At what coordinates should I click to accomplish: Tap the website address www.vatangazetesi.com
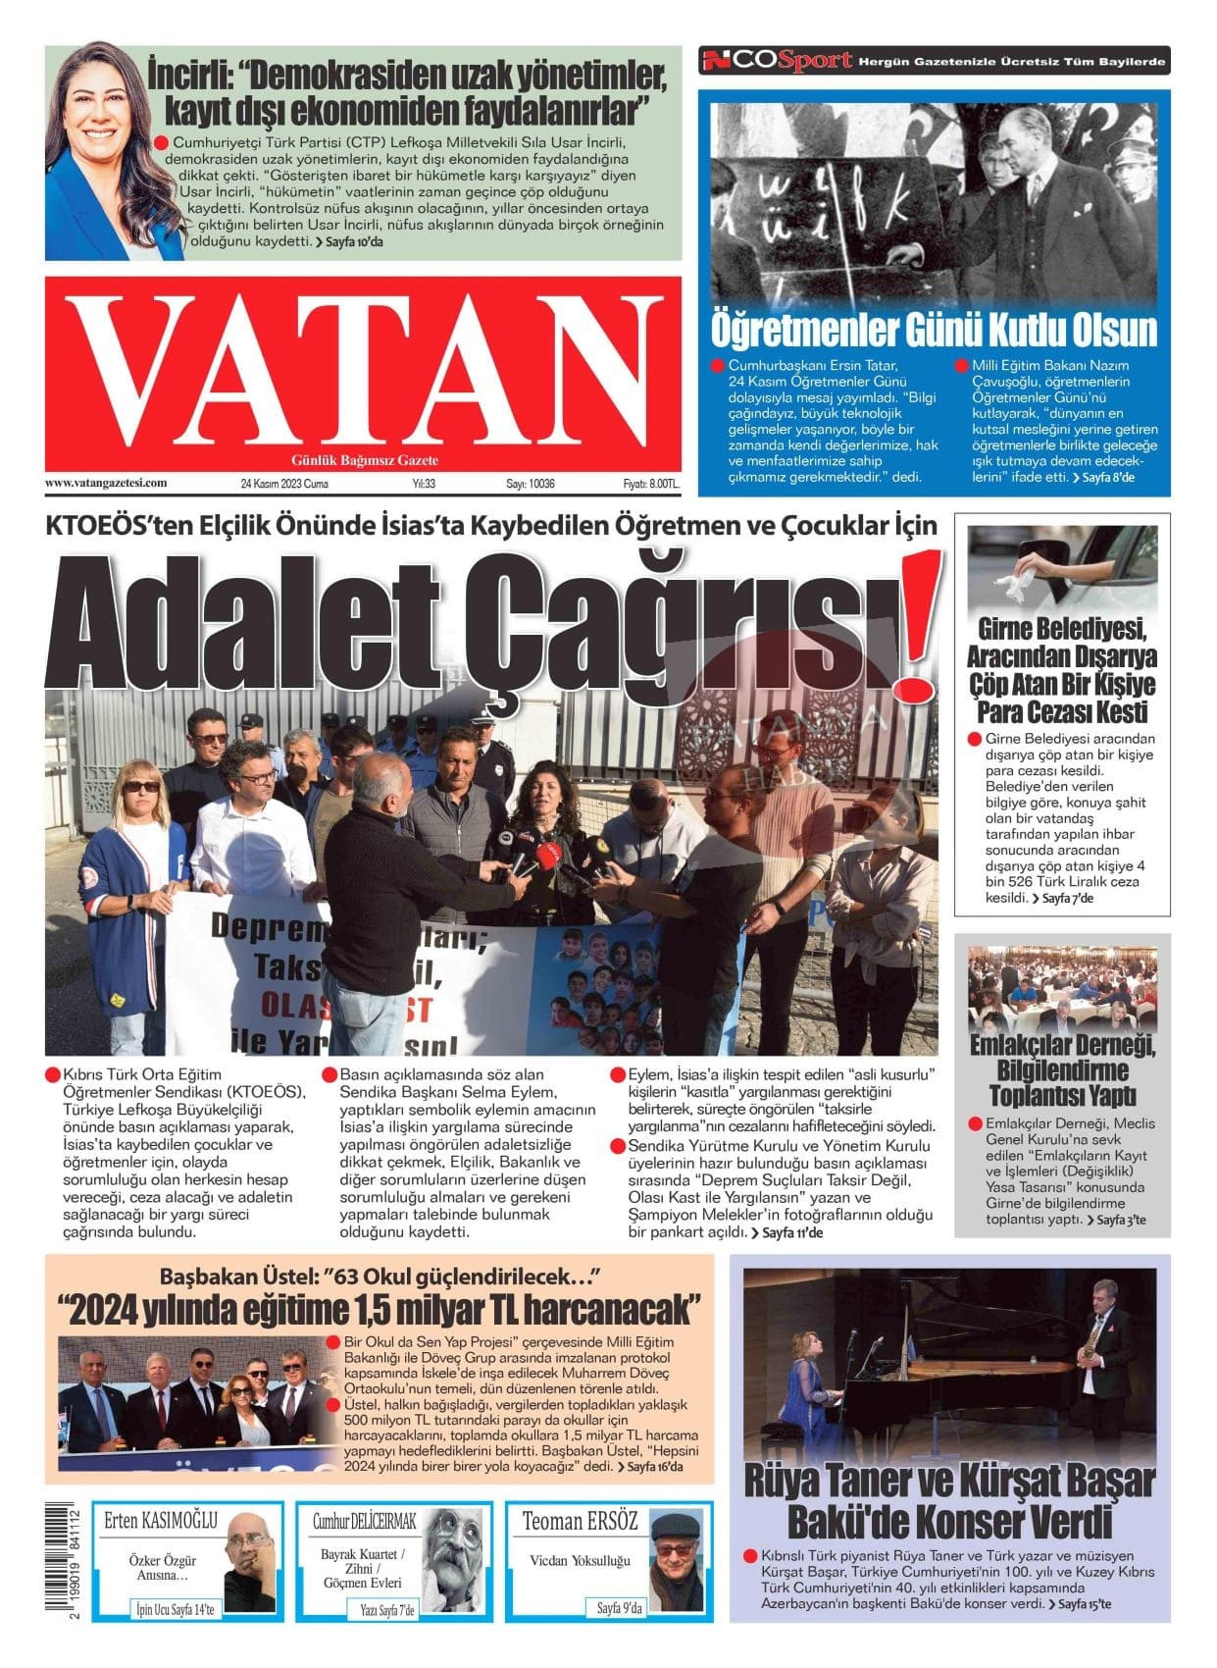click(106, 483)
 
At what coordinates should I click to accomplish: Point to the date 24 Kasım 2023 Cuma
click(284, 484)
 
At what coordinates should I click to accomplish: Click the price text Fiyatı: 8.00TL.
click(650, 484)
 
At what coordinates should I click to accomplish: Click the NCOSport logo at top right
click(776, 62)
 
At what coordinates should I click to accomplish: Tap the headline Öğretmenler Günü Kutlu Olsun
click(933, 330)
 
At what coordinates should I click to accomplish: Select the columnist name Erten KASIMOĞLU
click(161, 1522)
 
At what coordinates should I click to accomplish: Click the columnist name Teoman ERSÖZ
click(580, 1522)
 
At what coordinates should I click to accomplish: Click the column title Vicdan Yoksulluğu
click(580, 1560)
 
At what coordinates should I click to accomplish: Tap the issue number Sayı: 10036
click(531, 484)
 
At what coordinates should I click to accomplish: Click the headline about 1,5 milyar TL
click(380, 1309)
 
